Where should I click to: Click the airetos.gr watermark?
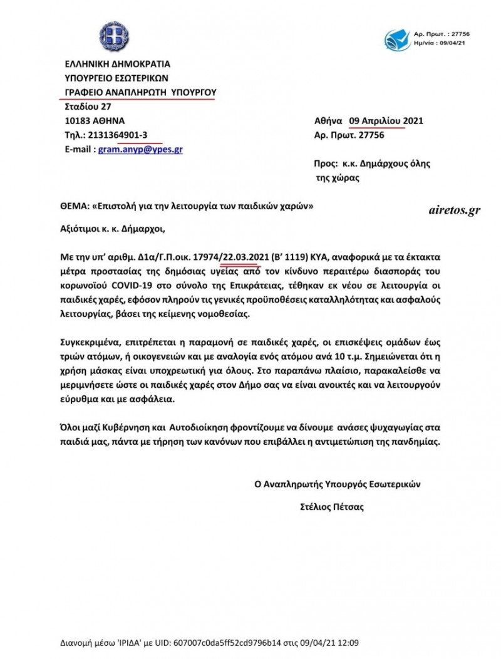coord(455,210)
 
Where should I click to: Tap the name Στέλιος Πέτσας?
coord(332,507)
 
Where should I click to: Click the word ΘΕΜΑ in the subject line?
coord(75,206)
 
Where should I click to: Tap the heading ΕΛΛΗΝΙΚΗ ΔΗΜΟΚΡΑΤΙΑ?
coord(118,63)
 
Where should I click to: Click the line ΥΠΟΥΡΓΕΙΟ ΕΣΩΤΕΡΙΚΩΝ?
coord(117,78)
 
